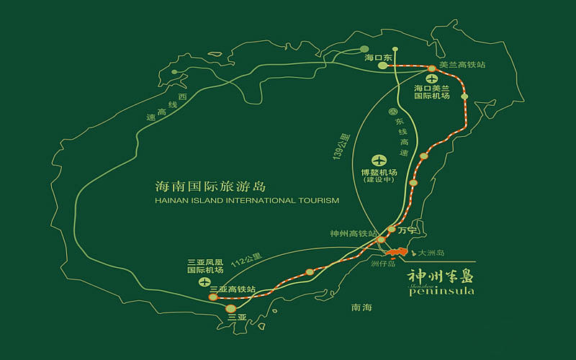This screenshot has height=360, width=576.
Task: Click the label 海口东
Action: pyautogui.click(x=377, y=57)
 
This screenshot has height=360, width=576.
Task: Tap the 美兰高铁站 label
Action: pyautogui.click(x=462, y=65)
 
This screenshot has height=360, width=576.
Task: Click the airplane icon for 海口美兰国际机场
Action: pyautogui.click(x=431, y=78)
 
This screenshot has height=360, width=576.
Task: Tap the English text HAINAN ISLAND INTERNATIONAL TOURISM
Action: pyautogui.click(x=247, y=202)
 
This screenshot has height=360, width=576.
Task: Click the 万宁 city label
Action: pyautogui.click(x=408, y=231)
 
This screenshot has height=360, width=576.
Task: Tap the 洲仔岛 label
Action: pyautogui.click(x=384, y=264)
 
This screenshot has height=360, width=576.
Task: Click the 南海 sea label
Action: pyautogui.click(x=361, y=307)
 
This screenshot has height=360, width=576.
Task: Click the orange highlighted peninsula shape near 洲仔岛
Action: pyautogui.click(x=395, y=253)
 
